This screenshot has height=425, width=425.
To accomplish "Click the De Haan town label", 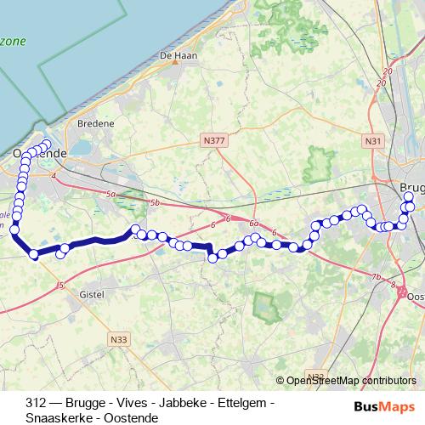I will (x=173, y=56).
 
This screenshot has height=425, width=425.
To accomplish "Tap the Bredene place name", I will (x=95, y=123).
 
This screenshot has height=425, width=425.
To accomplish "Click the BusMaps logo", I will (x=386, y=407).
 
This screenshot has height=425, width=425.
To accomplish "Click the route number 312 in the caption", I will (x=36, y=402).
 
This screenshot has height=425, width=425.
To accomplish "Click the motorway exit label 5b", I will (x=154, y=203).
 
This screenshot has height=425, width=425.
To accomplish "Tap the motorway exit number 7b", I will (x=376, y=277).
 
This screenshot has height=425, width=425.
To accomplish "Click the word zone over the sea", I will (x=12, y=42).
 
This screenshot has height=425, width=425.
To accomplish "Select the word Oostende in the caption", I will (x=133, y=418).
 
